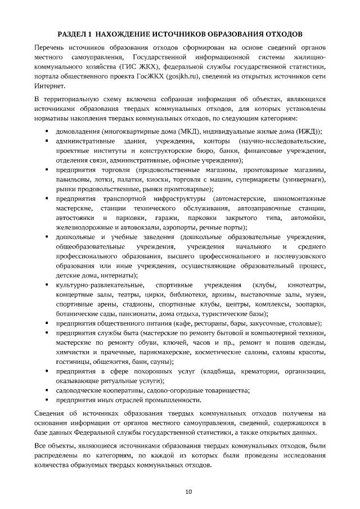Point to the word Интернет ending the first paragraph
[x=50, y=86]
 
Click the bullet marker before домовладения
[x=47, y=132]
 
